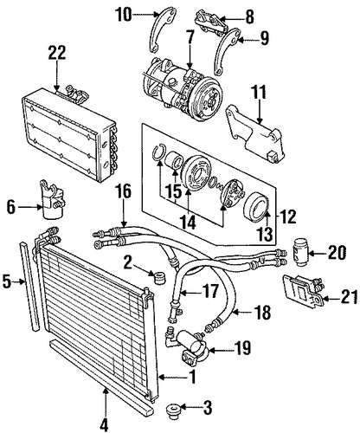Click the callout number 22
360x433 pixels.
tap(57, 53)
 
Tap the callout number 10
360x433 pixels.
tap(124, 14)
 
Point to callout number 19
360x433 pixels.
tap(242, 348)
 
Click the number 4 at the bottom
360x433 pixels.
tap(105, 424)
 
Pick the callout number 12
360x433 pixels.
tap(288, 216)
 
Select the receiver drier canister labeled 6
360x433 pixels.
tap(53, 201)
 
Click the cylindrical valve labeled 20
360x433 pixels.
tap(299, 249)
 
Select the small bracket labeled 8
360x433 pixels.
tap(212, 21)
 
